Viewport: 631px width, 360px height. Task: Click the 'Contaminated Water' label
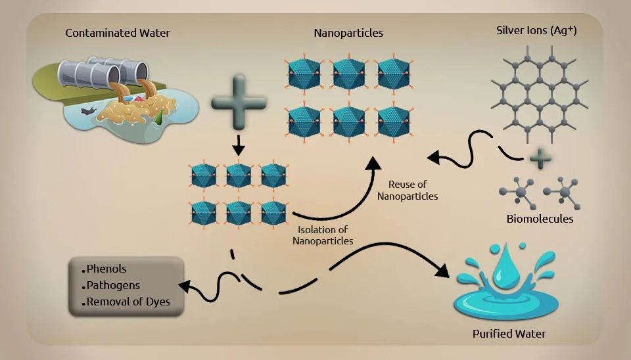pos(118,33)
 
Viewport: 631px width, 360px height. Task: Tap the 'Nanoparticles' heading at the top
pos(348,33)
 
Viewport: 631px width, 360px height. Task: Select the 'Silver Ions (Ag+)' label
pos(540,31)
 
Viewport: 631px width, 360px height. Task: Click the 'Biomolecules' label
pos(540,219)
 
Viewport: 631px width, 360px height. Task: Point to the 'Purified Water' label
pos(509,334)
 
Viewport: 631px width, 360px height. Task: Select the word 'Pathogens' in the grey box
pos(113,286)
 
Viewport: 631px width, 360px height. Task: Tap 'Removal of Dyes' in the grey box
pos(128,302)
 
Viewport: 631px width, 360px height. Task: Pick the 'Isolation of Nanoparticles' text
pos(323,236)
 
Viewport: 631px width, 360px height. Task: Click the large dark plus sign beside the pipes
pos(239,102)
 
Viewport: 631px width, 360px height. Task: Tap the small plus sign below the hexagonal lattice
pos(539,158)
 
